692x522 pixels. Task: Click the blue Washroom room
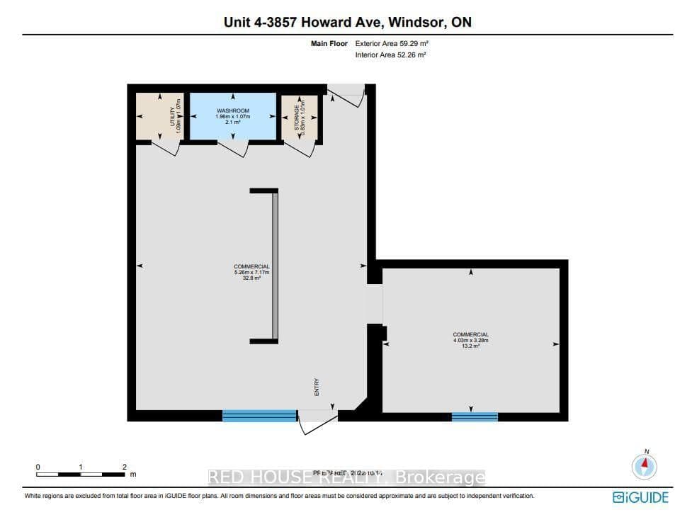click(231, 116)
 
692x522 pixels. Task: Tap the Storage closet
click(298, 116)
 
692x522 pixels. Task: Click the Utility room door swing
click(166, 149)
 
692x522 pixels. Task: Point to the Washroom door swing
click(232, 149)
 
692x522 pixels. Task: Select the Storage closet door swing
click(300, 149)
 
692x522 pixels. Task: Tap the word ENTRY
click(317, 387)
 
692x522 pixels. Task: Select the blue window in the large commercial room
click(259, 416)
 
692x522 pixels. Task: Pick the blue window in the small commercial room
click(475, 416)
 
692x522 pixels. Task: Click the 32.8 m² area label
click(252, 278)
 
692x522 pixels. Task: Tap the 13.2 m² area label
click(471, 346)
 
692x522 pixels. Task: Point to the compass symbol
click(644, 466)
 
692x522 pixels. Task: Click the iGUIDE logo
click(640, 497)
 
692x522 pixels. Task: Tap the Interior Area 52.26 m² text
click(390, 55)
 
